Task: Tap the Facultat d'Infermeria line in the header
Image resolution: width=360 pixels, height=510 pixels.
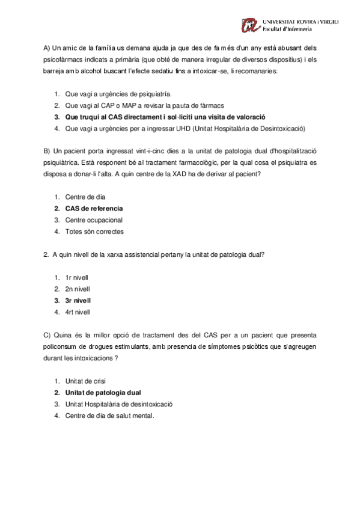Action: [x=287, y=28]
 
